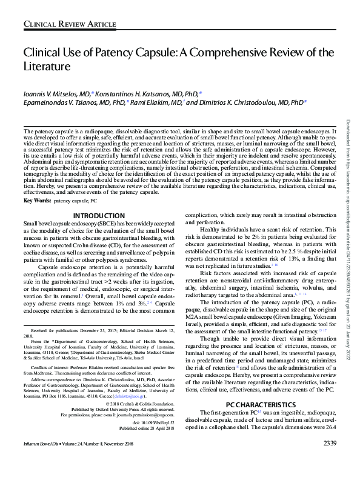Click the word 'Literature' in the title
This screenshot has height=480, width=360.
click(47, 65)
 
